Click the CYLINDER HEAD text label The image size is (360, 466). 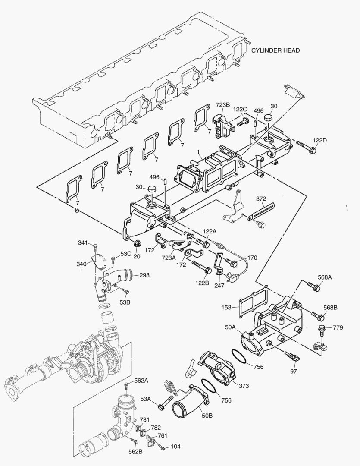pos(275,50)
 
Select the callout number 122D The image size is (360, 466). pos(319,141)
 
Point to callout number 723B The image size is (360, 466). pos(223,105)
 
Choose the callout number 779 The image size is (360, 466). pos(338,328)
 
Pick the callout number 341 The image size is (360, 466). pos(83,243)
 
